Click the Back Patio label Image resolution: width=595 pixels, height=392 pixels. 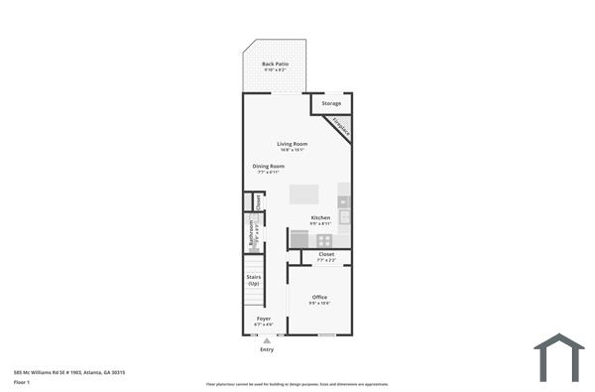274,65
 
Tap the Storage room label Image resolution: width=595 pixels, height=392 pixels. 331,103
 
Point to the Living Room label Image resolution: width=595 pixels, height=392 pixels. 293,144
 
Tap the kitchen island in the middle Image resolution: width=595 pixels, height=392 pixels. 305,194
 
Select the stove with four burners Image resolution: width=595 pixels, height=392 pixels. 298,238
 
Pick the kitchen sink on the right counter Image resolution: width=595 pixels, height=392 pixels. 344,214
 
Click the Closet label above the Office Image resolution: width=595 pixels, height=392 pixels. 326,254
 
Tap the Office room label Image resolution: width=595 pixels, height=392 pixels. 319,298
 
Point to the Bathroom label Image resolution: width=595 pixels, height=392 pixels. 252,233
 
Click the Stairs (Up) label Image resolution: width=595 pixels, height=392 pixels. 254,280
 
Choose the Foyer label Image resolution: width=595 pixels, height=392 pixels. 263,320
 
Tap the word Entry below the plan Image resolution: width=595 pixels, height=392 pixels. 267,350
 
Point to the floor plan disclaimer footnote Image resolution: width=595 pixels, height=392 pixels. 297,383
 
